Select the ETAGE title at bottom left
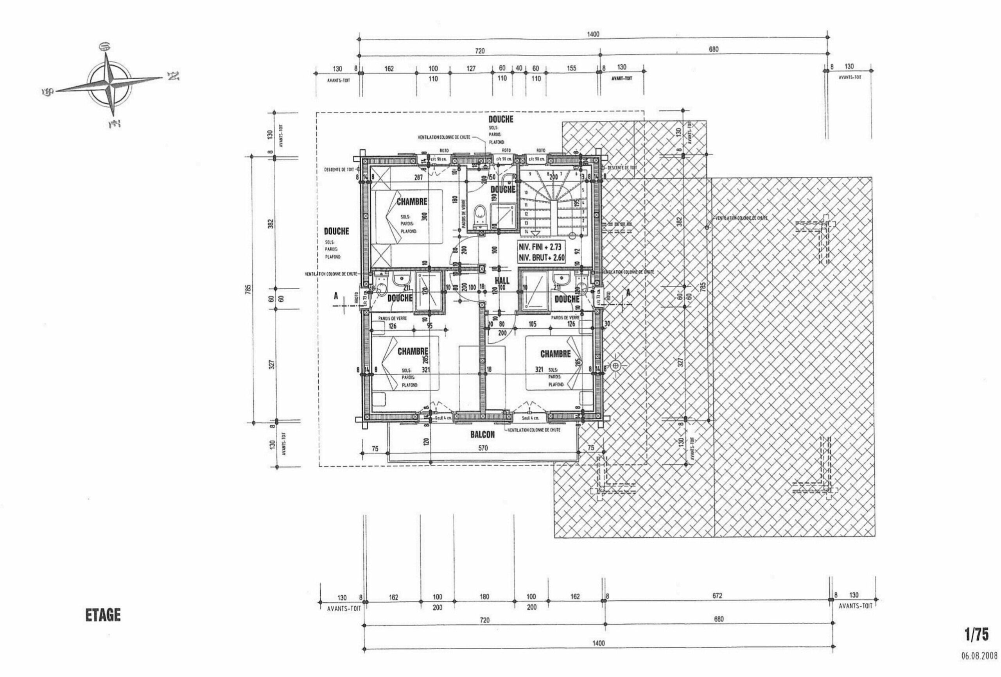coord(103,615)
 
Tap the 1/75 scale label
coord(976,634)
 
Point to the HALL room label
coord(502,281)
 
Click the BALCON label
coord(483,435)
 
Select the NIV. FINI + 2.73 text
coord(541,248)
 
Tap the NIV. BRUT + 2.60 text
coord(541,258)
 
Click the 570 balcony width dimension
coord(483,448)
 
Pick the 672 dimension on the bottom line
coord(717,596)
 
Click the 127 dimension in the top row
coord(471,68)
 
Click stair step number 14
coord(526,231)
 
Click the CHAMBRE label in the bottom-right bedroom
coord(555,354)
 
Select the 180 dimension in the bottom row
coord(484,597)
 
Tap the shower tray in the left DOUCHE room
coord(427,291)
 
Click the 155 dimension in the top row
coord(571,68)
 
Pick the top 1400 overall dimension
coord(593,34)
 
